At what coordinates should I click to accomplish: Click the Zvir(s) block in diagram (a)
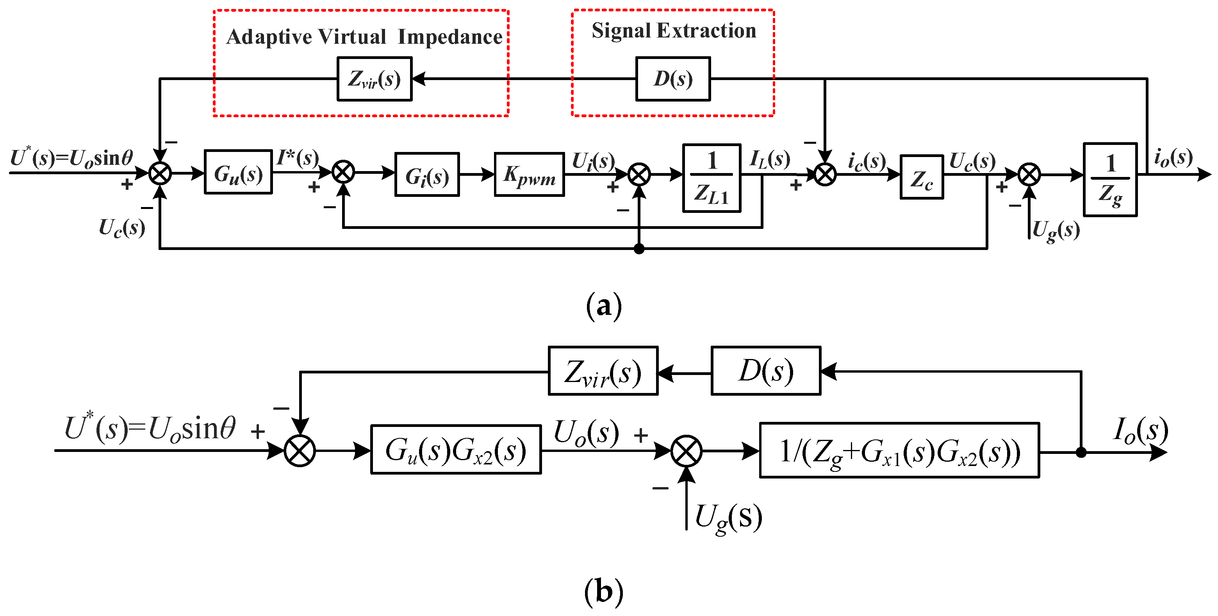coord(374,79)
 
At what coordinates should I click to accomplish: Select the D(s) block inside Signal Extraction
coord(672,79)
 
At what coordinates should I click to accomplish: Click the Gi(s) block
coord(426,175)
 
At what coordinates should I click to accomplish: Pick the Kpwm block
coord(529,175)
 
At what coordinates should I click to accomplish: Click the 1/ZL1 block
coord(711,178)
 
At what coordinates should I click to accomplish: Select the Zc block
coord(921,177)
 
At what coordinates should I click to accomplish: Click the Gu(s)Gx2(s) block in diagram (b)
coord(455,450)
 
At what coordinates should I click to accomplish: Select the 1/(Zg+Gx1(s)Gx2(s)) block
coord(899,450)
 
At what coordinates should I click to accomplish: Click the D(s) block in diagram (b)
coord(765,371)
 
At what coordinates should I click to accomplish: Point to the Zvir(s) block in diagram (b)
coord(603,371)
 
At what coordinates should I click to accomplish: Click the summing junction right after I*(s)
coord(343,172)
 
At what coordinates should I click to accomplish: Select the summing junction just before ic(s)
coord(825,175)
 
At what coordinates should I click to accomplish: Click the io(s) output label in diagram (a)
coord(1173,157)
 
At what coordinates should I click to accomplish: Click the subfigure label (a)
coord(603,307)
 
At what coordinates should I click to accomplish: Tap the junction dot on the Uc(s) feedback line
coord(639,249)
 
